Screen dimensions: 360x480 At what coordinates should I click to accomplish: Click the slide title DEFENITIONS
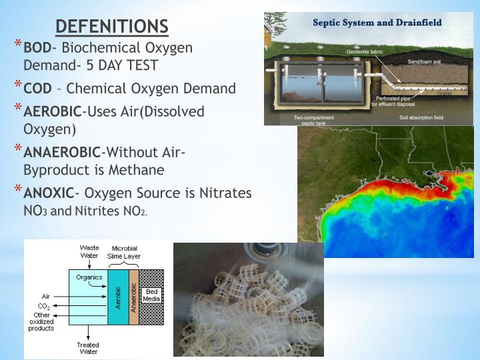[x=112, y=26]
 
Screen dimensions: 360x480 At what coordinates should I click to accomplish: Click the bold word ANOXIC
[x=49, y=194]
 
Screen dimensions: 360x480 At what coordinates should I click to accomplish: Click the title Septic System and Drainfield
[x=377, y=22]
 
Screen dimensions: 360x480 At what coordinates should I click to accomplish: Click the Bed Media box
[x=151, y=295]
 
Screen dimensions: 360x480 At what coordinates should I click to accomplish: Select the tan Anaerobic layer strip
[x=133, y=297]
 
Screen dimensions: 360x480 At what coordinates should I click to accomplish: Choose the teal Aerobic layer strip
[x=118, y=297]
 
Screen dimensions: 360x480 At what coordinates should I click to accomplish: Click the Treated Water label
[x=87, y=349]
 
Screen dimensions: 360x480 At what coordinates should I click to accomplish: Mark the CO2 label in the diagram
[x=43, y=306]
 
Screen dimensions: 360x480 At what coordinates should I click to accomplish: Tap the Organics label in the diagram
[x=89, y=277]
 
